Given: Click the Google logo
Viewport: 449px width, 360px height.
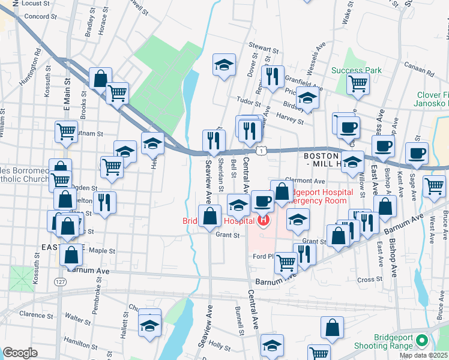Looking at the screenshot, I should (20, 353).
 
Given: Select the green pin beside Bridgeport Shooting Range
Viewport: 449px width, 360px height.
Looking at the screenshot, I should (423, 341).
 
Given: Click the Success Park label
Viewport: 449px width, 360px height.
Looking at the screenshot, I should (357, 70).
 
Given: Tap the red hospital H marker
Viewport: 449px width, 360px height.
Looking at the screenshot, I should (263, 221).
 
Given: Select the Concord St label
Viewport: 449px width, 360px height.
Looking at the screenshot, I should (40, 16).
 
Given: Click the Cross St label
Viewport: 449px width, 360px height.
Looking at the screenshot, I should (366, 280).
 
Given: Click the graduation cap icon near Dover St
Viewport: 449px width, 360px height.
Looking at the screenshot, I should (224, 65).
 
